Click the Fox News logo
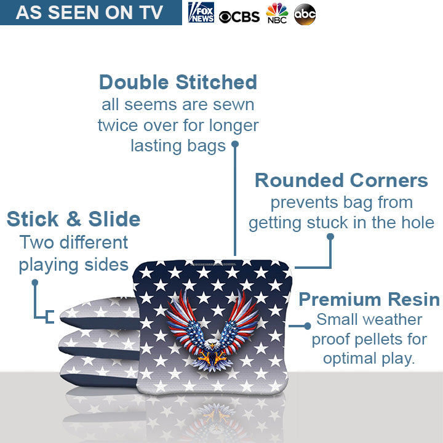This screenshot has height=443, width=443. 201,13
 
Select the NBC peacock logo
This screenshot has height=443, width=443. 277,14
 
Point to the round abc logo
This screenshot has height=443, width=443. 305,14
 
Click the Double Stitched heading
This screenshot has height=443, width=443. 178,82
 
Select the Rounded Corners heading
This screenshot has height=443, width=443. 341,180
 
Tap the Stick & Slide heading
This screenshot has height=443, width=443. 73,219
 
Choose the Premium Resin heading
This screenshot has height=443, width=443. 369,300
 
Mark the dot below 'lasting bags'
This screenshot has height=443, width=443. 234,145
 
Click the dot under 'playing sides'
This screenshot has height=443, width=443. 35,283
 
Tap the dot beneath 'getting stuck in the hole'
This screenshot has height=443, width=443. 330,236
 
